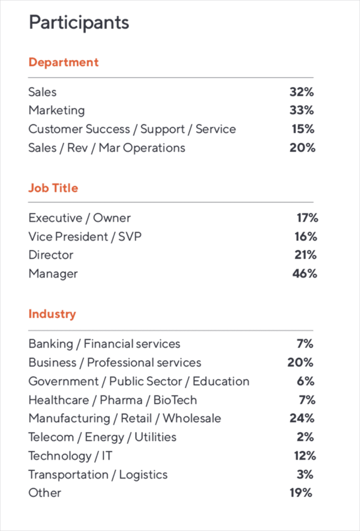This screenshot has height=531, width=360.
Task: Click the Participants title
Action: pos(79,23)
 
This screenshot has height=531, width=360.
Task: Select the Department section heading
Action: pos(63,62)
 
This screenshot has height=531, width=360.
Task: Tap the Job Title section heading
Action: pos(53,188)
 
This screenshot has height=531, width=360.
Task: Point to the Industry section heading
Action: pos(52,314)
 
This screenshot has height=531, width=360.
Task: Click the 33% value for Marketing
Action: pos(302,110)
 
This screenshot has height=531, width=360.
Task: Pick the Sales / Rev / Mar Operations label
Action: pos(106,148)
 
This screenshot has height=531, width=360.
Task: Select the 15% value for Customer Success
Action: pos(302,129)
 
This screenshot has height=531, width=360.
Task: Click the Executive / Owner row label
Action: pos(79,218)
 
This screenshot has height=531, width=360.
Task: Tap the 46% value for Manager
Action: pos(304,274)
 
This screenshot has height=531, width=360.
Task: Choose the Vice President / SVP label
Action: pos(85,236)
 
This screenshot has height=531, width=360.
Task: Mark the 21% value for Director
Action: pos(305,255)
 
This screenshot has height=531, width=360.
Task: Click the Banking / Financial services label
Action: pos(104,344)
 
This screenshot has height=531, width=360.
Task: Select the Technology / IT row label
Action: pos(70,456)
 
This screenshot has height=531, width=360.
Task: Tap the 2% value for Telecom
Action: pos(306,437)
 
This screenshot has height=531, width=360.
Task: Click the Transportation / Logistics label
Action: pos(98,474)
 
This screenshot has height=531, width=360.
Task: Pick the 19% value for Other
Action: pos(301,493)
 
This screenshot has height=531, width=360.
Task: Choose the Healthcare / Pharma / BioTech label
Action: pos(113,400)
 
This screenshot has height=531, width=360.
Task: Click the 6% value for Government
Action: pos(306,381)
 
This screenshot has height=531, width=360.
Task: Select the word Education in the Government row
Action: pos(221,381)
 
